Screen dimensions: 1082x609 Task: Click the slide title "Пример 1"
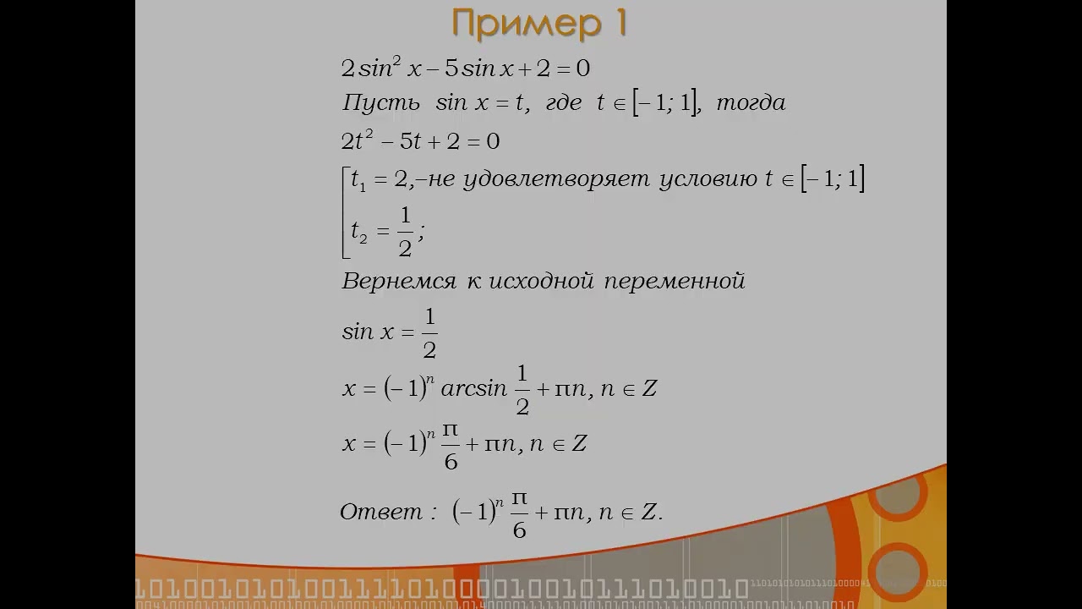tap(539, 23)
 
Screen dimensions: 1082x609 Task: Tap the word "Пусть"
tap(380, 102)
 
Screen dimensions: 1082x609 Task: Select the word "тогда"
tap(751, 102)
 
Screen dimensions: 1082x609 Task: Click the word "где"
tap(564, 103)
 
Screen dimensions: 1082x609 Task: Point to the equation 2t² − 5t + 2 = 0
tap(420, 141)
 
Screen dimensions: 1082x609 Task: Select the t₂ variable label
tap(359, 232)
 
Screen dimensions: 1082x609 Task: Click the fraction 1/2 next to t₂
tap(405, 232)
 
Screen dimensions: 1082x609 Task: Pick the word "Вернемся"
tap(398, 282)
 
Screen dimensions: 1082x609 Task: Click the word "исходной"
tap(542, 282)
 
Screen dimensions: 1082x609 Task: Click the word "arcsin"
tap(474, 388)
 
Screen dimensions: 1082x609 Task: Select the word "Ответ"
tap(380, 512)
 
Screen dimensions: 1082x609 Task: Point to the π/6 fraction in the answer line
tap(519, 515)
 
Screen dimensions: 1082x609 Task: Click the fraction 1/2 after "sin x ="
tap(429, 334)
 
